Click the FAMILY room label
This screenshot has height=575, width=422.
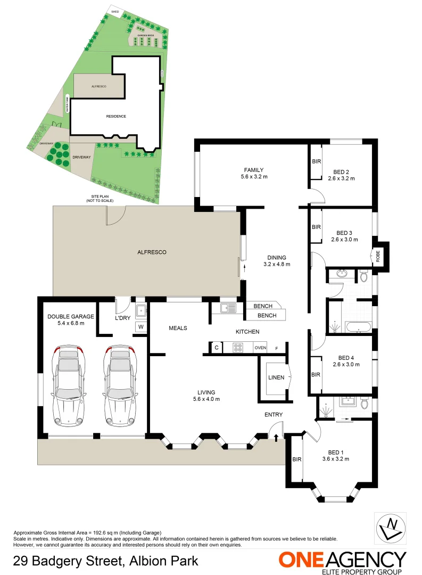254,170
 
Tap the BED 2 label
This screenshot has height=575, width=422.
341,171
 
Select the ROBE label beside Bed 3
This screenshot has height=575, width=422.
378,256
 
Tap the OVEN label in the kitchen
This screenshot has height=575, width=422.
260,348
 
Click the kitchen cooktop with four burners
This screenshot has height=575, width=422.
238,348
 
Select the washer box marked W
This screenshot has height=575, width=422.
141,326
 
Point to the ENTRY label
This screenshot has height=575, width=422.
274,415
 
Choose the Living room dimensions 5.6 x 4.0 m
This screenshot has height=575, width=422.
206,399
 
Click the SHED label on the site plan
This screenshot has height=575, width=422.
114,11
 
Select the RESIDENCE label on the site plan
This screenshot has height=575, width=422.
116,116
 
